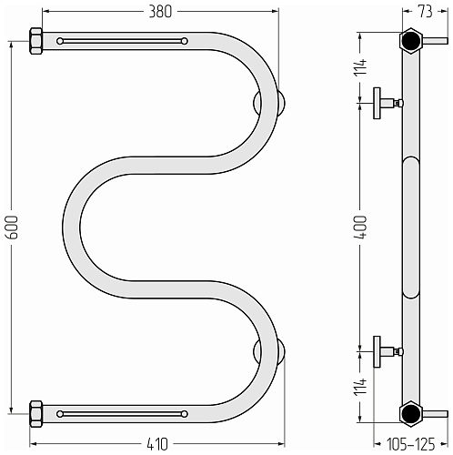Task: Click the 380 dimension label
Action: [160, 12]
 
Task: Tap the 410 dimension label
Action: [157, 444]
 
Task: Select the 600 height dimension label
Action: [14, 227]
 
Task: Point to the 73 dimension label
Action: [426, 12]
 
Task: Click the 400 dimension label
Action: [361, 227]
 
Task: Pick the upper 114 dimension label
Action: [361, 66]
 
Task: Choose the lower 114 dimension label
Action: [361, 387]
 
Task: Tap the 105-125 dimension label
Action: [410, 444]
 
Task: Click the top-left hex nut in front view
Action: [36, 41]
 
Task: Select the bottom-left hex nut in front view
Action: [36, 414]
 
